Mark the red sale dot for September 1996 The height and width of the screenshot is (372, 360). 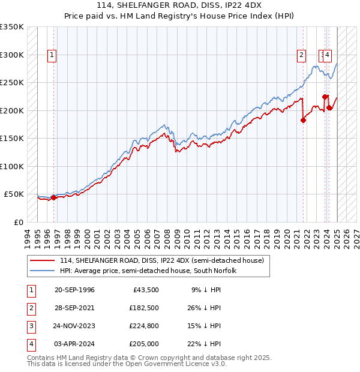[x=53, y=197]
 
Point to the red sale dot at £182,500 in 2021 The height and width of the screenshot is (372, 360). [x=303, y=120]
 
